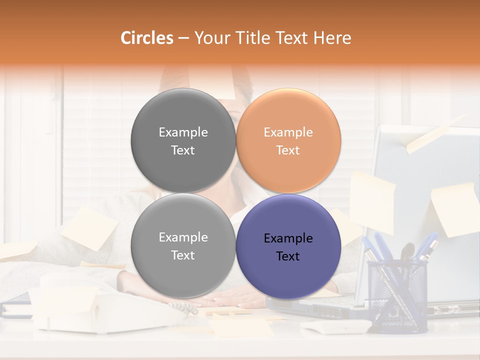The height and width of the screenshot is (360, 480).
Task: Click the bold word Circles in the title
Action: (x=146, y=38)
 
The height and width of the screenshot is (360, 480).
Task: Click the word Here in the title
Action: (x=332, y=38)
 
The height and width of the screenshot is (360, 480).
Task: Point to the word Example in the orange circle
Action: (x=288, y=132)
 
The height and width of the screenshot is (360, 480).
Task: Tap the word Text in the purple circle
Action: (x=288, y=256)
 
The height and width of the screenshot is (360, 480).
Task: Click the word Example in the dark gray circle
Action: (x=183, y=132)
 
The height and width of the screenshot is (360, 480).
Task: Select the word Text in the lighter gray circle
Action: (x=183, y=255)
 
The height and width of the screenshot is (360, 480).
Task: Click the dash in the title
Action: (x=183, y=38)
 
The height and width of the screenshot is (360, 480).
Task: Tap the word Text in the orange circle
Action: (x=288, y=150)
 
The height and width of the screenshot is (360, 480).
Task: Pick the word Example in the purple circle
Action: (x=288, y=238)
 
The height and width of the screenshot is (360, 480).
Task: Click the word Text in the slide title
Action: (x=292, y=38)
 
